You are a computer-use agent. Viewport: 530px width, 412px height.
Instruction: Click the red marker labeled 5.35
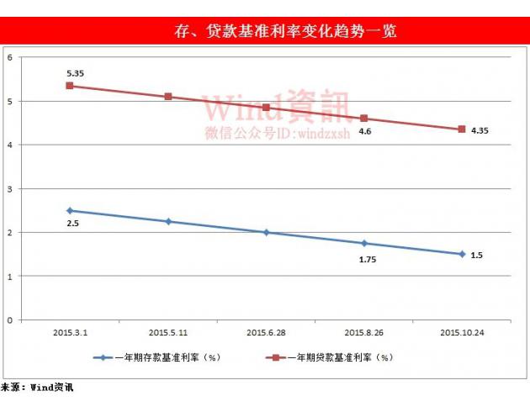coord(70,86)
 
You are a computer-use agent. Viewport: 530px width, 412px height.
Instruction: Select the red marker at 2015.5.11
coord(168,97)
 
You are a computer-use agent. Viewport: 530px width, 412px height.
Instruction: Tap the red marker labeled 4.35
coord(462,129)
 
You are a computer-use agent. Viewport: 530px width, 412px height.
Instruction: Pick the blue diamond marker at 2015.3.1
coord(70,210)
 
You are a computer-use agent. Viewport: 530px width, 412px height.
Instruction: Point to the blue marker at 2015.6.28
coord(266,232)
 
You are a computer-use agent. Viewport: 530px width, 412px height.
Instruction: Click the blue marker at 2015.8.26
coord(364,243)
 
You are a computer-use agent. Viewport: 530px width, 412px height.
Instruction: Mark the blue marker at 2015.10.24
coord(462,254)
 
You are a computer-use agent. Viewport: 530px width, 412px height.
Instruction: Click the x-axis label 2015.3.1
coord(71,333)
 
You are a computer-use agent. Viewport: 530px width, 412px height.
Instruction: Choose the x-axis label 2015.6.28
coord(266,333)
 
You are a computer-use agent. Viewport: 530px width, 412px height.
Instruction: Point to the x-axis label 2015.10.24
coord(462,333)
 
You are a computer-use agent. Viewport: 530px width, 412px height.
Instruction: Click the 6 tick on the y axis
coord(9,58)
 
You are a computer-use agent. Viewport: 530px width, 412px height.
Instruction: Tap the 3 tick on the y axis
coord(9,188)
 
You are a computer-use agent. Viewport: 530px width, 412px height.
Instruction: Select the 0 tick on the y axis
coord(9,320)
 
